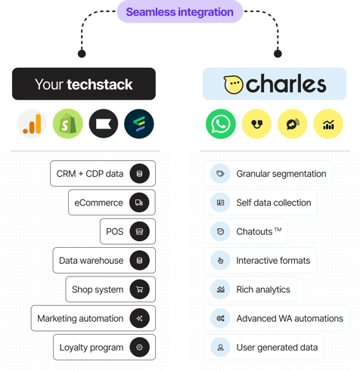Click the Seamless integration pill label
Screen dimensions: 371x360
(180, 12)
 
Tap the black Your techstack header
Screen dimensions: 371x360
(83, 85)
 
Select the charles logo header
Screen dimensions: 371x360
(275, 85)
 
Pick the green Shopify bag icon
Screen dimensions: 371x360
(67, 123)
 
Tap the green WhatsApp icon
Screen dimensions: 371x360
(220, 123)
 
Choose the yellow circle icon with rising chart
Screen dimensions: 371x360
(327, 123)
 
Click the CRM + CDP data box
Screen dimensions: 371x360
(103, 174)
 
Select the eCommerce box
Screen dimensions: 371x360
(110, 203)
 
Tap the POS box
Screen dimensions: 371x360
(127, 231)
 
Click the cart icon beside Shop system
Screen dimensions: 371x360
(138, 289)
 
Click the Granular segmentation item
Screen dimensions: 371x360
(269, 174)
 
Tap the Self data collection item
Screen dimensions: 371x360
(262, 203)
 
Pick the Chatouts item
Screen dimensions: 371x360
(247, 231)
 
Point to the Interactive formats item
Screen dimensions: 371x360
(262, 261)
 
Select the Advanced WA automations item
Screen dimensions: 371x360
(278, 318)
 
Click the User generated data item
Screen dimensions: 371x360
(265, 348)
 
